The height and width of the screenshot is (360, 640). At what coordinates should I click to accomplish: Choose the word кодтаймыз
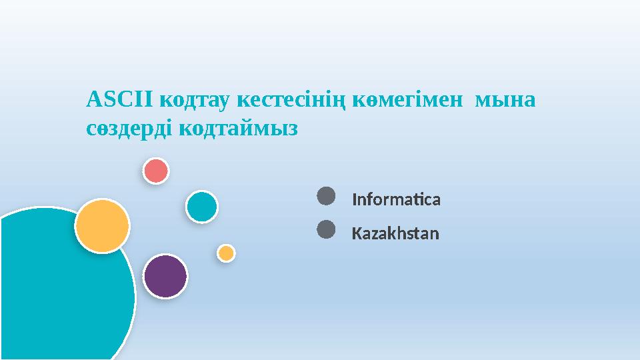[x=239, y=129]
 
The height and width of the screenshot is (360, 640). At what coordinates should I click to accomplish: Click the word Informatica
[x=396, y=199]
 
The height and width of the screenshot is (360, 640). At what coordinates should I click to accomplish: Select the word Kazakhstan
[x=395, y=234]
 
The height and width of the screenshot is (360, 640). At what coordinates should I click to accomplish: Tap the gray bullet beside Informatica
[x=325, y=196]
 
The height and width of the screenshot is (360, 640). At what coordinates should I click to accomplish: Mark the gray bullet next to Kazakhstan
[x=325, y=230]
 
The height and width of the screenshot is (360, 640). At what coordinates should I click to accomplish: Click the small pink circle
[x=156, y=171]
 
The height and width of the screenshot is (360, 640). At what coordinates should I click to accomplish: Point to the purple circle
[x=165, y=276]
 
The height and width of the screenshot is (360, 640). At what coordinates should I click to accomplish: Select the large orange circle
[x=102, y=226]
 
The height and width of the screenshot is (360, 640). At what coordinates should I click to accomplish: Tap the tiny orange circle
[x=226, y=253]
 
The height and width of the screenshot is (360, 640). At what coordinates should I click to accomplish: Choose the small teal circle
[x=201, y=207]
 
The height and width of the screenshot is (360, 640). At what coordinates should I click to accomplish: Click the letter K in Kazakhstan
[x=356, y=234]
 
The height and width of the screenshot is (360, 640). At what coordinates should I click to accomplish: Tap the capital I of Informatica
[x=354, y=199]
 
